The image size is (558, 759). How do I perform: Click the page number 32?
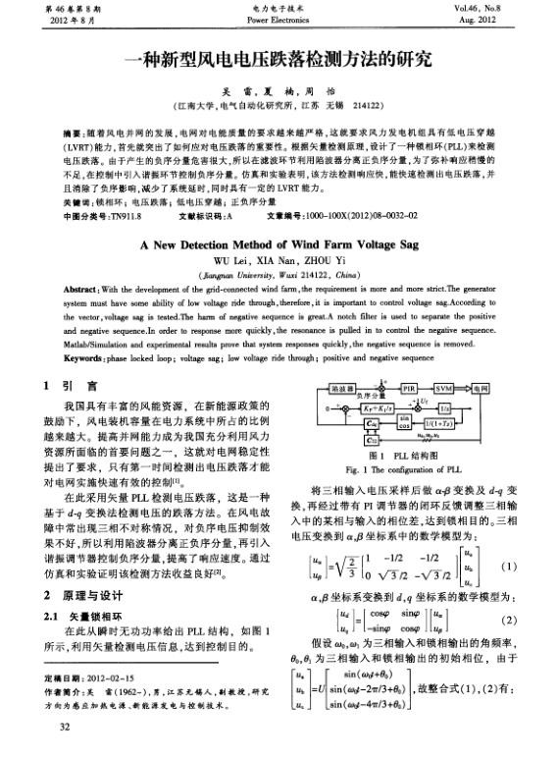pyautogui.click(x=66, y=728)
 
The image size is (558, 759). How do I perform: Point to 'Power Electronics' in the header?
pyautogui.click(x=279, y=19)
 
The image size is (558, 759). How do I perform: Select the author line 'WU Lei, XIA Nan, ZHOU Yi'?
pyautogui.click(x=279, y=261)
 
